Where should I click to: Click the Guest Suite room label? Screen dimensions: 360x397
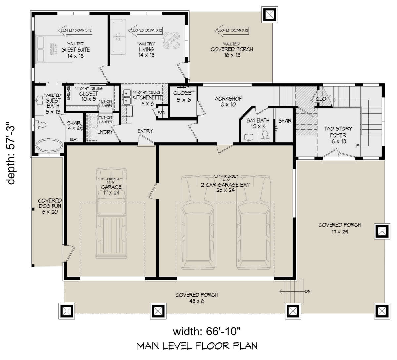coord(75,50)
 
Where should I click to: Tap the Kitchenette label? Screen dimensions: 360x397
coord(148,98)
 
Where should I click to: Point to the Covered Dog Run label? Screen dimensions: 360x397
coord(50,206)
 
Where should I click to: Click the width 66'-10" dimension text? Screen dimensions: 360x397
coord(208,332)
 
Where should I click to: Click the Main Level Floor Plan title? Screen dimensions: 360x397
coord(197,346)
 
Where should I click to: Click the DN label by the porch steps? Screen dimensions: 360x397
coord(307,291)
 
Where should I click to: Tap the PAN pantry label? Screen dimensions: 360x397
coord(162,112)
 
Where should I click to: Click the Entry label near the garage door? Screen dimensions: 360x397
coord(145,131)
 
